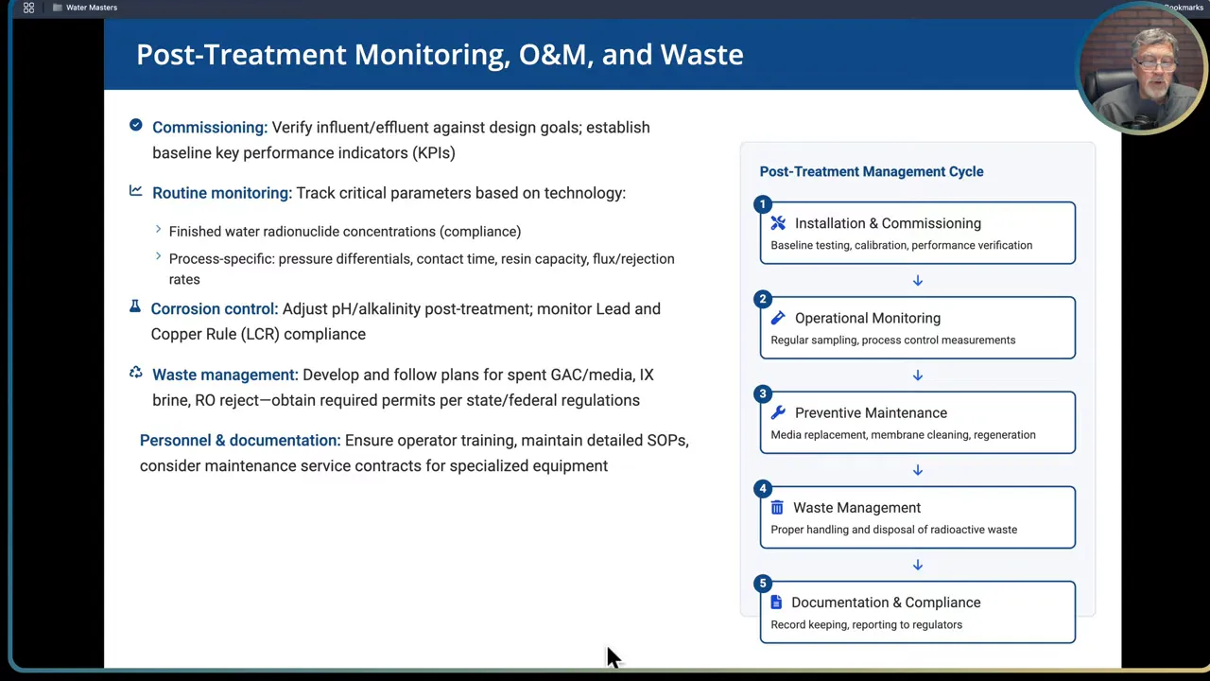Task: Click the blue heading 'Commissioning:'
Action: click(x=210, y=128)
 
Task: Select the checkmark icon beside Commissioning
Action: click(x=136, y=126)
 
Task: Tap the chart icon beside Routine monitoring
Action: click(x=136, y=191)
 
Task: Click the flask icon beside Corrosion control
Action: click(x=135, y=307)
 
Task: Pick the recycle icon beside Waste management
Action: click(x=136, y=374)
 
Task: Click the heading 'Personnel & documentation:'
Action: click(x=239, y=441)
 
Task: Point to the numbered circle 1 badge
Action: click(x=763, y=204)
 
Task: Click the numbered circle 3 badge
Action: click(x=763, y=393)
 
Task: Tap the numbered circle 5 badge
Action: click(x=763, y=583)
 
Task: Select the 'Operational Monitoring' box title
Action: click(x=867, y=319)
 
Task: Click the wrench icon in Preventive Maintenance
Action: click(x=778, y=412)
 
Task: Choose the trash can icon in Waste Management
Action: click(x=777, y=508)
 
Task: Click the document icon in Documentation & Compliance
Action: click(x=777, y=602)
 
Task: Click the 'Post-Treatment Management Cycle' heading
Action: click(x=871, y=172)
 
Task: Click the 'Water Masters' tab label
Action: click(x=92, y=8)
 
